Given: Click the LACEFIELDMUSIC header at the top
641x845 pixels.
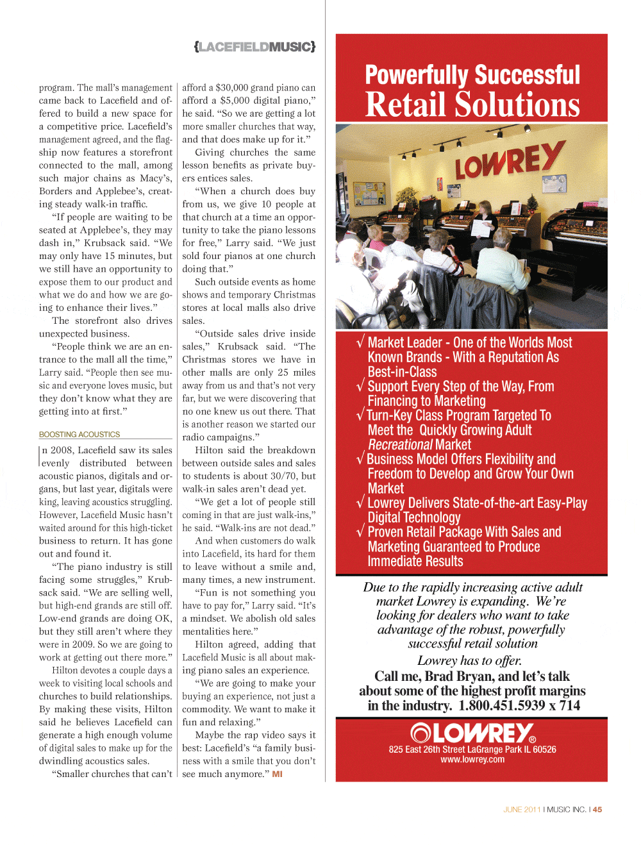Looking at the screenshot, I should (254, 47).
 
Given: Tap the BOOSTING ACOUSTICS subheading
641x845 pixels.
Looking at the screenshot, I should (79, 435).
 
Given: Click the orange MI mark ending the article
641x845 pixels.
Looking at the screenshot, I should (277, 774).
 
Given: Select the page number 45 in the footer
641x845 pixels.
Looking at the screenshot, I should (597, 810).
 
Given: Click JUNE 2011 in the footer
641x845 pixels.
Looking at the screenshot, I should (522, 810).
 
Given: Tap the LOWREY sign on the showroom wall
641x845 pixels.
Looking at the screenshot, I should (509, 160).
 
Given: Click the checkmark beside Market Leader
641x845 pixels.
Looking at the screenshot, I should (360, 342).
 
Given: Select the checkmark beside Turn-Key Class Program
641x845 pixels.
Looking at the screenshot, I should (360, 415).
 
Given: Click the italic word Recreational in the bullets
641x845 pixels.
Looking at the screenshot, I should (400, 445).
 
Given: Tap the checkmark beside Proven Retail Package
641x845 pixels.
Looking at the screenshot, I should (360, 531).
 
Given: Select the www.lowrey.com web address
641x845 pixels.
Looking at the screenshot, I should (472, 760).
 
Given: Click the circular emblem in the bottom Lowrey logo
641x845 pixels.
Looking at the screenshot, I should (421, 733).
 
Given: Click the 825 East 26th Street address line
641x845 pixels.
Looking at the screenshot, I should (472, 749).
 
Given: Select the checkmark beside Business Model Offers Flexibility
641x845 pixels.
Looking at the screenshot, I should (360, 459).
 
